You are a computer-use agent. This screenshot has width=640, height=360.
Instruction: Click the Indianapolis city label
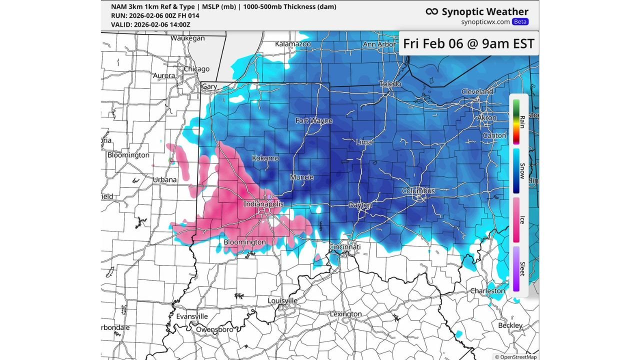point(263,204)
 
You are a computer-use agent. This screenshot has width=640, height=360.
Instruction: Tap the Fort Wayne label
point(313,120)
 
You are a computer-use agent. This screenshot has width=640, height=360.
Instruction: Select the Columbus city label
point(418,191)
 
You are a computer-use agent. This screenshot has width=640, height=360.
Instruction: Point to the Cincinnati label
point(344,247)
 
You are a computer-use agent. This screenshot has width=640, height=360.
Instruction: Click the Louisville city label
point(282,300)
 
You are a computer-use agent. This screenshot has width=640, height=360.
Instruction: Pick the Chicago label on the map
point(196,69)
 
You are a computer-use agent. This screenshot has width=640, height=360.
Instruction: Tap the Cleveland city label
point(477,92)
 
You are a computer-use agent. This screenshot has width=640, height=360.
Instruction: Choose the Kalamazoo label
point(293,44)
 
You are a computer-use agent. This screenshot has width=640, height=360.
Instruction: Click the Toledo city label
point(390,83)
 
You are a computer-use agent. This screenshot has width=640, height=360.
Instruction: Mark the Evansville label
point(192,316)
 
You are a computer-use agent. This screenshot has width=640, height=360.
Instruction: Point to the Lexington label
point(345,314)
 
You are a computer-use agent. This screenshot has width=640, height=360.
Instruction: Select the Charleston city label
point(487,290)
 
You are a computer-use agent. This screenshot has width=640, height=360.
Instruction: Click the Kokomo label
point(265,158)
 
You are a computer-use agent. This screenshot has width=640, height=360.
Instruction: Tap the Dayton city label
point(360,205)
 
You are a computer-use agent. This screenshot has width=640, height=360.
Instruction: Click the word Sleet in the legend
point(522,268)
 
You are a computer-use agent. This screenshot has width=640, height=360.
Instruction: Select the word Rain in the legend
point(522,121)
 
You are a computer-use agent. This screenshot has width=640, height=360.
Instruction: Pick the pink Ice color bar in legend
point(516,219)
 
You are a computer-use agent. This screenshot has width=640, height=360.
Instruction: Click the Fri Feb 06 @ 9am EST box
point(468,43)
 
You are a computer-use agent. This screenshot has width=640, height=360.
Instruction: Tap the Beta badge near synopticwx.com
point(520,22)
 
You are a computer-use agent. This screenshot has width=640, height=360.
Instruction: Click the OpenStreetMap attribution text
point(516,356)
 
